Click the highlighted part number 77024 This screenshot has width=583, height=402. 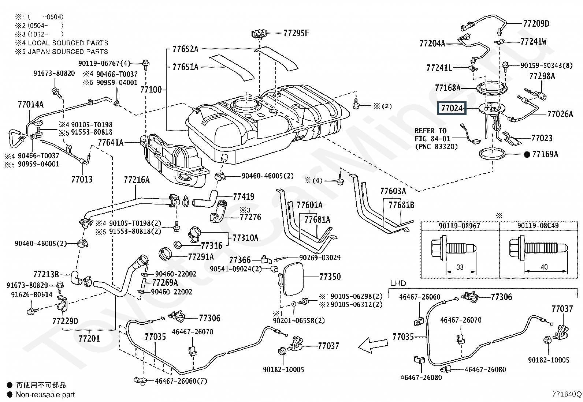click(x=452, y=108)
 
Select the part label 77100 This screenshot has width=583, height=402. click(x=151, y=90)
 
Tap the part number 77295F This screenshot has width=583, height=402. click(x=296, y=33)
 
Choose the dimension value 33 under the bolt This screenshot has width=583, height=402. click(x=460, y=267)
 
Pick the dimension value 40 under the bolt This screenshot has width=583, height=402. click(x=544, y=267)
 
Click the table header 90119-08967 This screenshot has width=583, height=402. click(x=459, y=226)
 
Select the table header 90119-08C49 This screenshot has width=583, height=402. click(x=538, y=226)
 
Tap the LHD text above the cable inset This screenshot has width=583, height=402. click(x=398, y=283)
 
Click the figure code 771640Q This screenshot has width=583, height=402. click(x=567, y=394)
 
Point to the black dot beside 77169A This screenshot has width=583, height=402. click(x=527, y=155)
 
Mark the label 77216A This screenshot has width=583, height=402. click(x=137, y=180)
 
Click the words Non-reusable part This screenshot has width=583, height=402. click(x=45, y=395)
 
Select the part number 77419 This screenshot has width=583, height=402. click(x=243, y=197)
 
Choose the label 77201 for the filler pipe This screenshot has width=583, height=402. click(x=89, y=338)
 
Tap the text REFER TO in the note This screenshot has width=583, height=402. click(x=430, y=131)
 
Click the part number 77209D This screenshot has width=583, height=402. click(x=536, y=24)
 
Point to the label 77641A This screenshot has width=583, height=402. click(x=111, y=143)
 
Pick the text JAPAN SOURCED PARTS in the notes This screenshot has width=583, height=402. click(x=68, y=52)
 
